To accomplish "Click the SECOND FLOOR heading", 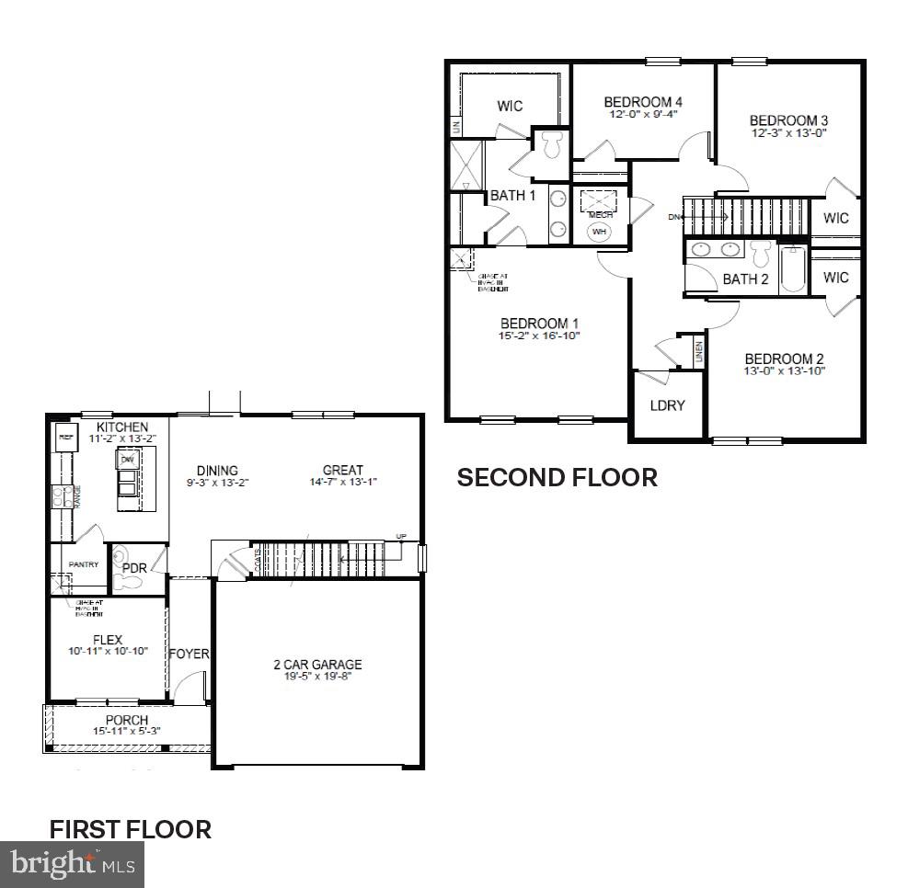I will click(x=557, y=478).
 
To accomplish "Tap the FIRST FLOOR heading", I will click(x=130, y=829).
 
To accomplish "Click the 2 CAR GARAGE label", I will click(x=317, y=665).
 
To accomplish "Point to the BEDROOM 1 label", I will click(x=539, y=324).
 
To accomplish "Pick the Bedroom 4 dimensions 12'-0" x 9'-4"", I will click(x=643, y=115).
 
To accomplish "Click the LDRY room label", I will click(x=667, y=405).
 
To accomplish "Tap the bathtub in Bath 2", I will click(x=792, y=269).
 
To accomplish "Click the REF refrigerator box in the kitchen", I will click(x=66, y=438).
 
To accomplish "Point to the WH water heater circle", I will click(x=600, y=232).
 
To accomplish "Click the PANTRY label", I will click(x=84, y=564).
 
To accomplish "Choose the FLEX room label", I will click(x=107, y=640).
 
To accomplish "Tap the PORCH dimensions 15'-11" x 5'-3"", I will click(x=127, y=732).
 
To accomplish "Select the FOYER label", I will click(x=189, y=655).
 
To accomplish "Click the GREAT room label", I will click(x=342, y=470).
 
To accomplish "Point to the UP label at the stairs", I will click(x=399, y=536).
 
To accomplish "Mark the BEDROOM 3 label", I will click(x=783, y=120).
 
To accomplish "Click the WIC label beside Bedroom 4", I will click(x=510, y=106).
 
